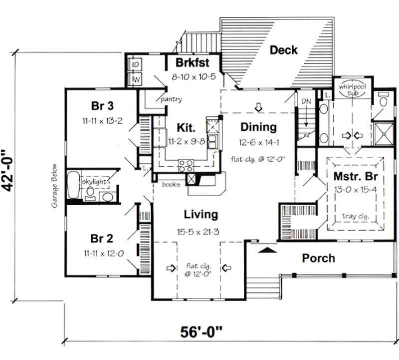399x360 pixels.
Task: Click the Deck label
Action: (x=284, y=50)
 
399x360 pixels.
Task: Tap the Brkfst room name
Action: (x=193, y=63)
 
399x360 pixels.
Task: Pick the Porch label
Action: (x=319, y=258)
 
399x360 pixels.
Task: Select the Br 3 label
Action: (x=102, y=106)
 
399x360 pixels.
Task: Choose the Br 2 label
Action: (x=103, y=237)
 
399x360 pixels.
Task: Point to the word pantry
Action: (x=171, y=99)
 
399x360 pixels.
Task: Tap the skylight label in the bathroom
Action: (x=95, y=182)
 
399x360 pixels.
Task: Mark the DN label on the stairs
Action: (x=306, y=101)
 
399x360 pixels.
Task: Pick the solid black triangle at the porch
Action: (x=268, y=249)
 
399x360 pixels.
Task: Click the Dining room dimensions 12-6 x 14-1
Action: (x=258, y=142)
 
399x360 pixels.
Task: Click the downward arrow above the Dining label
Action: (x=258, y=106)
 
